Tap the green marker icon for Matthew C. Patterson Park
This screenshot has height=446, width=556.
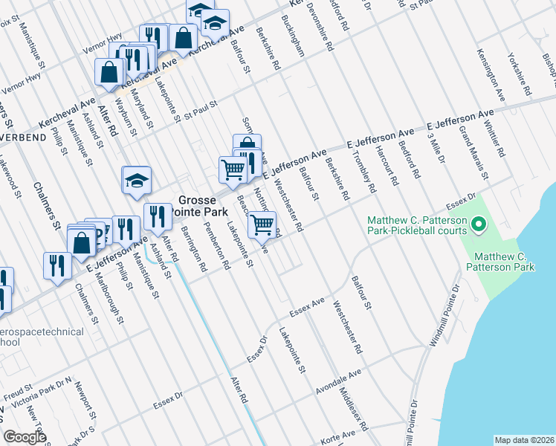479,223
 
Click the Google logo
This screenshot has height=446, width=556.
25,437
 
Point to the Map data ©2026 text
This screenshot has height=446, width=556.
525,440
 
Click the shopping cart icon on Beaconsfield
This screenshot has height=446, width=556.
262,224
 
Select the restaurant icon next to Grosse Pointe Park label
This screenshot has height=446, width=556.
157,216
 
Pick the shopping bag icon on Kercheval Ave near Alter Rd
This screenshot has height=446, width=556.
109,71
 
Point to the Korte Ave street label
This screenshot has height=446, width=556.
339,440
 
